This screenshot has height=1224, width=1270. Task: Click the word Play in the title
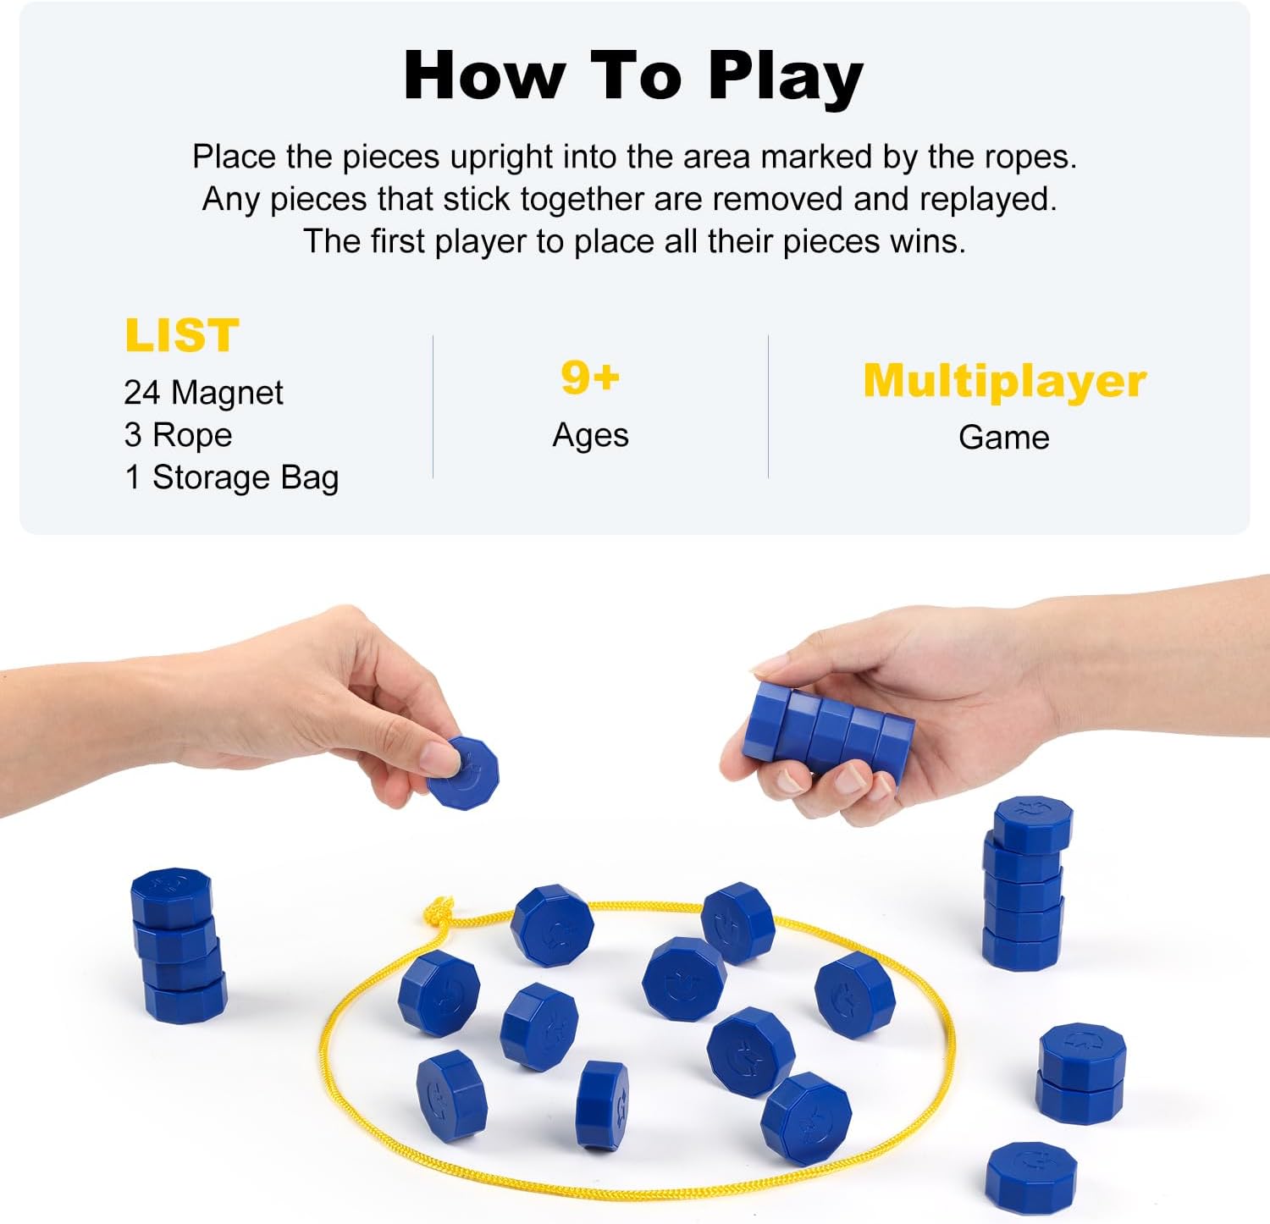[785, 78]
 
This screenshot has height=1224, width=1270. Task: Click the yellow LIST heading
[182, 335]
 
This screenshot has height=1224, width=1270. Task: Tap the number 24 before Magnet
[141, 393]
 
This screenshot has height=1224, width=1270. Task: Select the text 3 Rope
[178, 435]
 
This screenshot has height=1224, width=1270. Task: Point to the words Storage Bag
[246, 477]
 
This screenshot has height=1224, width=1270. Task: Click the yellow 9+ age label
[590, 377]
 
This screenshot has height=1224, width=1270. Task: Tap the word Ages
[590, 435]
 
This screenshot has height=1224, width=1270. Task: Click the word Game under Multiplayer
[1003, 438]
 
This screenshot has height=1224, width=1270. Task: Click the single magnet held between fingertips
[464, 772]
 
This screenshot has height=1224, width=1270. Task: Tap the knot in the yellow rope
[438, 912]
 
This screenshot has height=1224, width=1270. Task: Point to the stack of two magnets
[1081, 1072]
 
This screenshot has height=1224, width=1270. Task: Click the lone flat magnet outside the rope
[1030, 1175]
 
